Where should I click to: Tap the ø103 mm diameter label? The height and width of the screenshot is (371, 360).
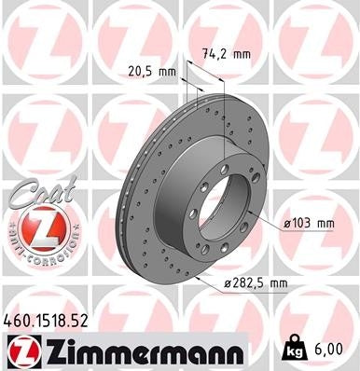coord(309,223)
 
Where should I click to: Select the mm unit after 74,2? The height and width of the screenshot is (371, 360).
coord(241,54)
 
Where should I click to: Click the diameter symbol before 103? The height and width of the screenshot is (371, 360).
coord(288,223)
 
